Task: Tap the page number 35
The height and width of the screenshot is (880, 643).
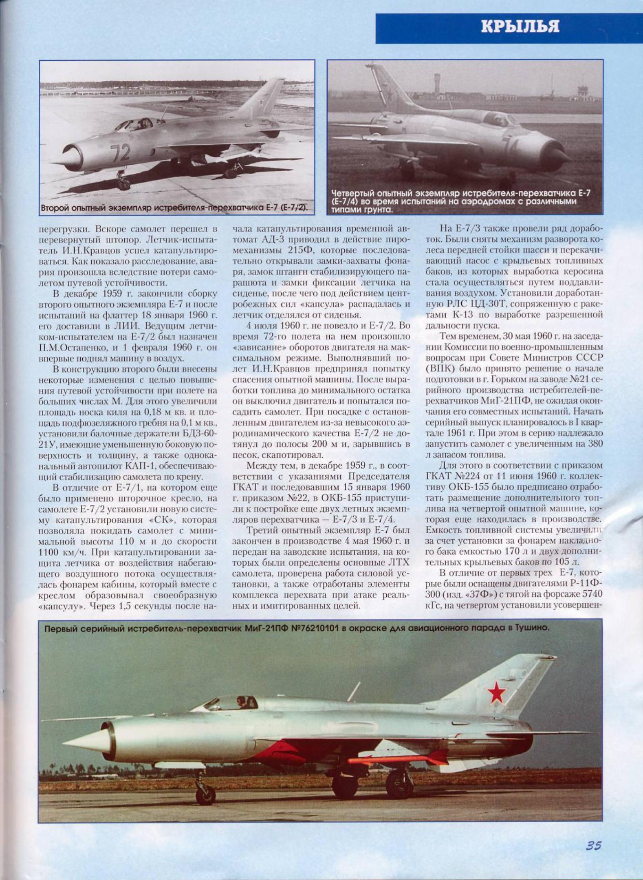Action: point(594,846)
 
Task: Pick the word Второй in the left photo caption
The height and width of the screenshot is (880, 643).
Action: point(54,208)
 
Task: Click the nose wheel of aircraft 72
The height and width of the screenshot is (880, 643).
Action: point(123,184)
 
